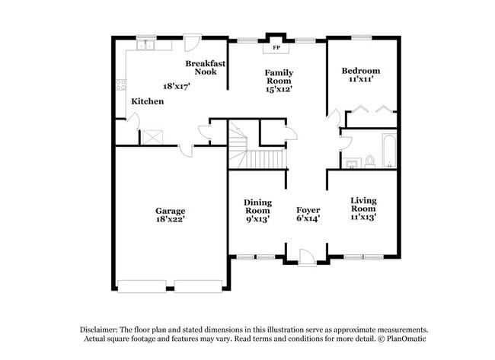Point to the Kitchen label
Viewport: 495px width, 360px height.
click(147, 101)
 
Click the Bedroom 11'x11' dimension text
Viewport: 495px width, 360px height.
click(360, 79)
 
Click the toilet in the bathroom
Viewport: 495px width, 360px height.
click(369, 161)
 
